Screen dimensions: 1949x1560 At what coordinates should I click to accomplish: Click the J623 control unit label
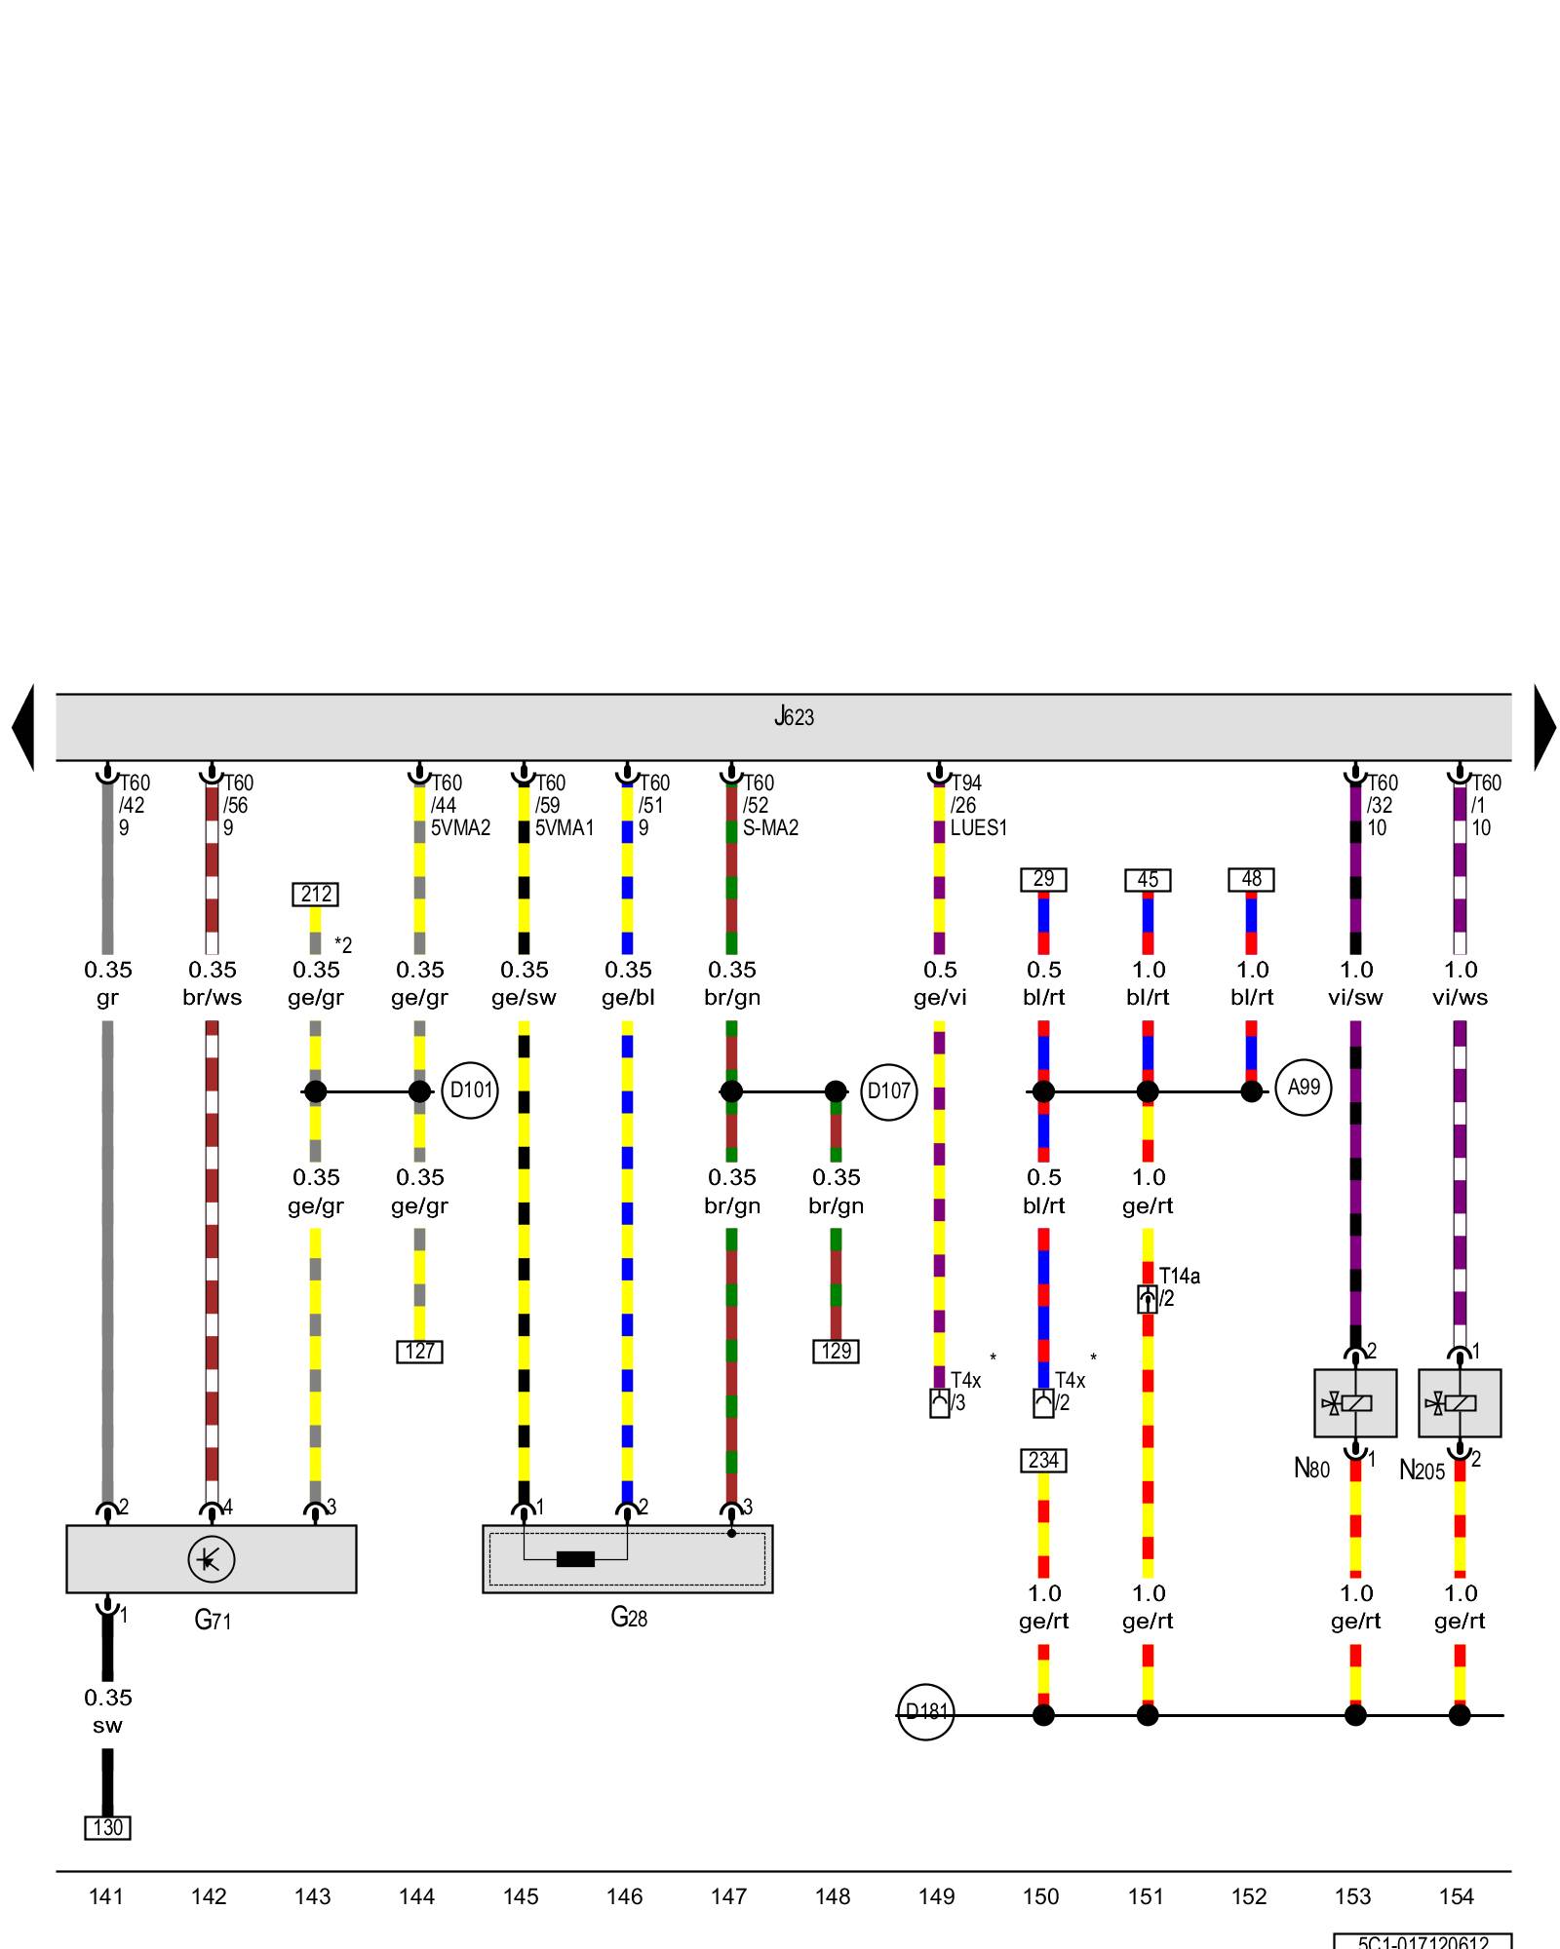tap(794, 718)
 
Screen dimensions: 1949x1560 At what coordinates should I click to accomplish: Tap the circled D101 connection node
tap(470, 1090)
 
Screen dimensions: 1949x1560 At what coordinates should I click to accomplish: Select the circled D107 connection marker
tap(888, 1090)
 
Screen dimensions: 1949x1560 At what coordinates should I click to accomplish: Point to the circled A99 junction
tap(1303, 1088)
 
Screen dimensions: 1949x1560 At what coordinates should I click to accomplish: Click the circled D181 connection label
tap(925, 1711)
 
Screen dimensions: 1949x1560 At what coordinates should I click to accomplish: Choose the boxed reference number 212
tap(316, 894)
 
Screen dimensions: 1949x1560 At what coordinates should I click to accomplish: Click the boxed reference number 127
tap(419, 1352)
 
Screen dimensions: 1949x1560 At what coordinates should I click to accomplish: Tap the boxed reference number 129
tap(836, 1352)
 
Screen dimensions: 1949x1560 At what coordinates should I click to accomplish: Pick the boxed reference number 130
tap(107, 1827)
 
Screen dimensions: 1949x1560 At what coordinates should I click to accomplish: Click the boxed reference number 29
tap(1043, 879)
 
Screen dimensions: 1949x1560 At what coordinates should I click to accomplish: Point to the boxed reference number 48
tap(1251, 879)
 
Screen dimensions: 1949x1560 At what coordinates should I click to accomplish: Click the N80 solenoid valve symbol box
tap(1354, 1403)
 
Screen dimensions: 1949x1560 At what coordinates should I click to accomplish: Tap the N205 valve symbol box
tap(1459, 1403)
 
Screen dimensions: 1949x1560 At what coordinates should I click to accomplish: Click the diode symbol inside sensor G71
tap(211, 1560)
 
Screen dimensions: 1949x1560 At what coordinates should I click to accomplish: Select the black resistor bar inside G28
tap(575, 1559)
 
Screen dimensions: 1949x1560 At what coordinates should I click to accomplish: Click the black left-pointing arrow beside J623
tap(23, 727)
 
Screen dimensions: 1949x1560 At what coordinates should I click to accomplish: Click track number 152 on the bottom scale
tap(1249, 1896)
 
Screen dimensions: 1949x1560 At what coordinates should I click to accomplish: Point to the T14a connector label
tap(1179, 1276)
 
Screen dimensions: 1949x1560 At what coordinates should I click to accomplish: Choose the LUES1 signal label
tap(978, 828)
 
